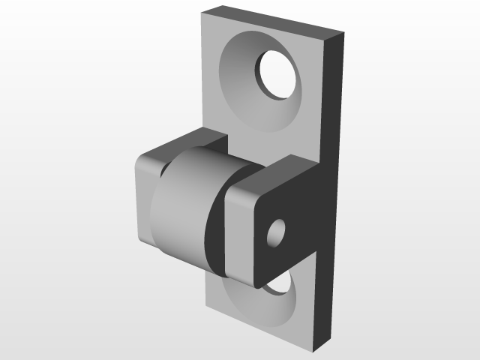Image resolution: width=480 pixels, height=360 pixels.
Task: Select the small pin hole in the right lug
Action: pyautogui.click(x=275, y=233)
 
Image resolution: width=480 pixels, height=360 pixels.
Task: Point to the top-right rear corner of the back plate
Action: pyautogui.click(x=343, y=33)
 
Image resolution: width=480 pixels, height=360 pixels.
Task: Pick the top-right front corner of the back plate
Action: pyautogui.click(x=327, y=39)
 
